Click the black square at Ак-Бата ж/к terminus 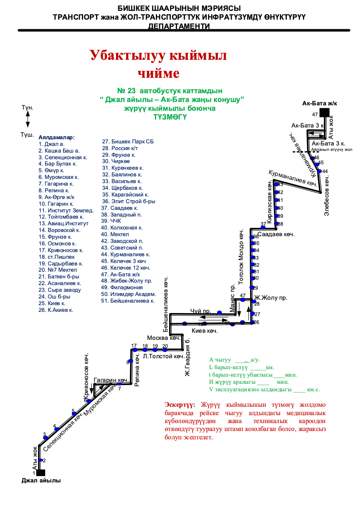click(x=325, y=112)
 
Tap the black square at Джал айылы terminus click(x=41, y=473)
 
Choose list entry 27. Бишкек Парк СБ click(x=128, y=141)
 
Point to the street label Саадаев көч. click(x=276, y=234)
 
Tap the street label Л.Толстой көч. click(x=164, y=356)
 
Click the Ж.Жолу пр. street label click(x=271, y=298)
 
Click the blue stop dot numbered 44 click(x=319, y=171)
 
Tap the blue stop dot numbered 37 click(x=263, y=228)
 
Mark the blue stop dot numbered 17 click(x=134, y=350)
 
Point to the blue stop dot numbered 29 click(x=252, y=288)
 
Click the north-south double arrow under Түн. click(x=28, y=119)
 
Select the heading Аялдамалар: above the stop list click(x=56, y=137)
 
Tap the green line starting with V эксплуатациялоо click(x=264, y=389)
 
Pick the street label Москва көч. click(x=164, y=338)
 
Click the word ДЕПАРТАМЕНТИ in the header click(x=179, y=26)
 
